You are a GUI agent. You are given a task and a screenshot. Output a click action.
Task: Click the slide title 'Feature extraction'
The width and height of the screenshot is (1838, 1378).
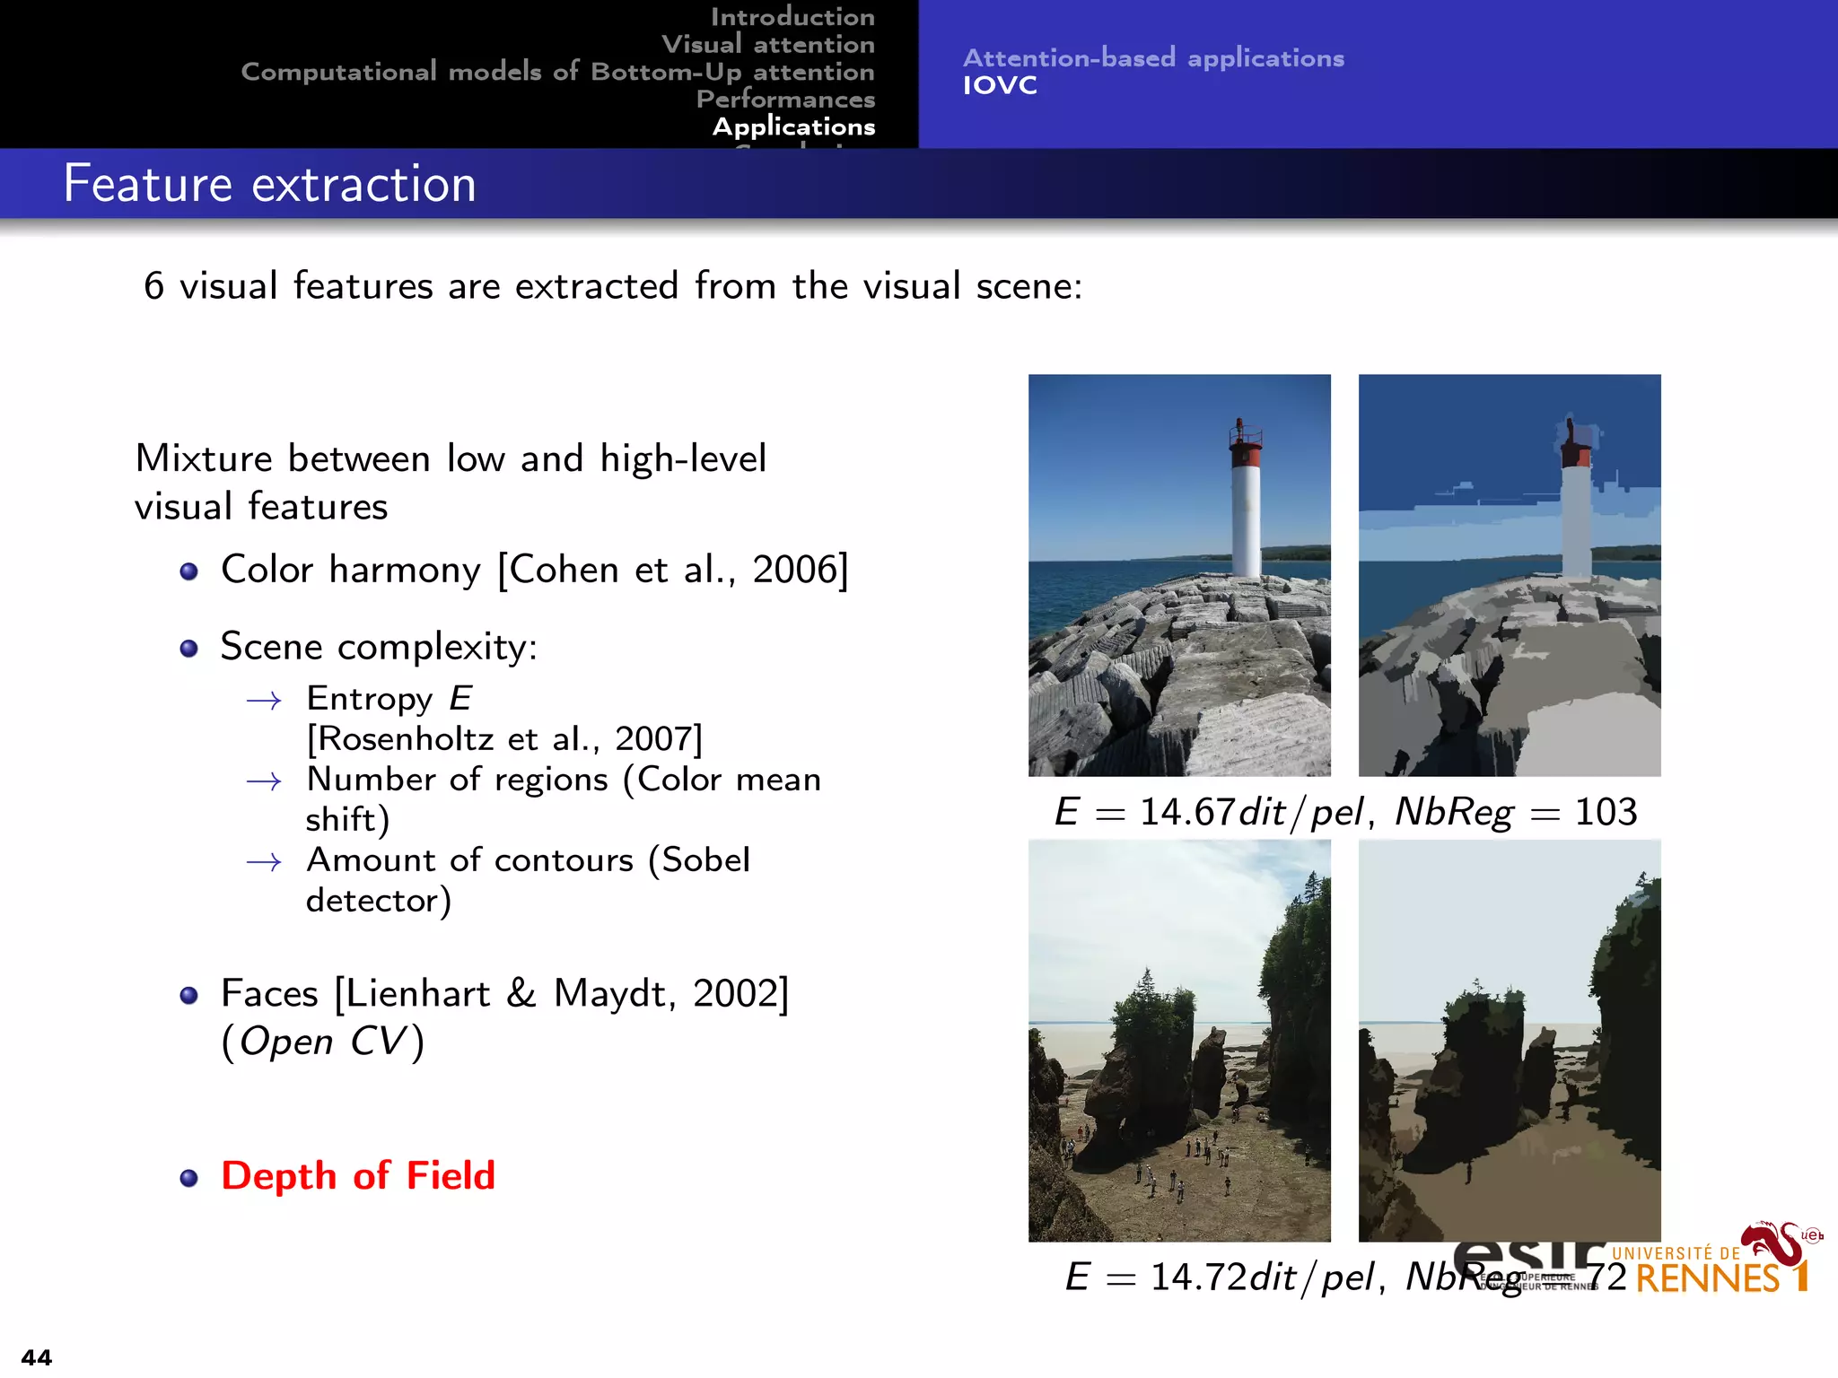pos(269,184)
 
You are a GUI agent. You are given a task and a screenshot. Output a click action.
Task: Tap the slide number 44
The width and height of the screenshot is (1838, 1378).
pos(37,1356)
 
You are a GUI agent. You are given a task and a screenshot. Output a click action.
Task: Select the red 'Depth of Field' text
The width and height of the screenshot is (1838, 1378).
pos(358,1175)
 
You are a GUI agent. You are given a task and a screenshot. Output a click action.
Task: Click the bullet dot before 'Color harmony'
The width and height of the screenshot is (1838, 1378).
pos(188,571)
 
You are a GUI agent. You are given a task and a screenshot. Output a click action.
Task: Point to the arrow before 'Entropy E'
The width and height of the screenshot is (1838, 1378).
pos(264,701)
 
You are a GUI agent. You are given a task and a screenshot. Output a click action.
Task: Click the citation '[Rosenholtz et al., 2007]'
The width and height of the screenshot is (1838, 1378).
pos(504,739)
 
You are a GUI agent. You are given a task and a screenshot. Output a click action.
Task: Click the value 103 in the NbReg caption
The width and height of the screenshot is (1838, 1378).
pos(1606,812)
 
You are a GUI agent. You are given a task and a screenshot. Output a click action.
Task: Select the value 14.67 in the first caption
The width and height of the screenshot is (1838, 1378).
pos(1187,812)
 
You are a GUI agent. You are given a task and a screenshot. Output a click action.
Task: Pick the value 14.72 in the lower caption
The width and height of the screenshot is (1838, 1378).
pos(1198,1277)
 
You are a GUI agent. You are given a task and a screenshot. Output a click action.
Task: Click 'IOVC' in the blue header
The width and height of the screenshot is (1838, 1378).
pos(1000,86)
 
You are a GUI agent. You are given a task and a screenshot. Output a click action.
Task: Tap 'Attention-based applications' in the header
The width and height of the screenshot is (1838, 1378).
pos(1153,58)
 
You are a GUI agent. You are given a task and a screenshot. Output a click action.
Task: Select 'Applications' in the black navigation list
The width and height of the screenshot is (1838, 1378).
pos(793,126)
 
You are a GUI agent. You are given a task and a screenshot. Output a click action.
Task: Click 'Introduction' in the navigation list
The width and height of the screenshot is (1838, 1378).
pos(792,16)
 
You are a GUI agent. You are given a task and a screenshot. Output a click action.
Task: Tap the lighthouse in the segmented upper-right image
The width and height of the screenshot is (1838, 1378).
pos(1576,511)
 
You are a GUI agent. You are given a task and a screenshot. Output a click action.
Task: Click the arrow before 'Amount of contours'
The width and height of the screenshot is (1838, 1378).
pos(264,862)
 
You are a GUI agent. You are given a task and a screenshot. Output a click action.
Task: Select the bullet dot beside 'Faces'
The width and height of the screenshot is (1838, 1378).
pos(188,995)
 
